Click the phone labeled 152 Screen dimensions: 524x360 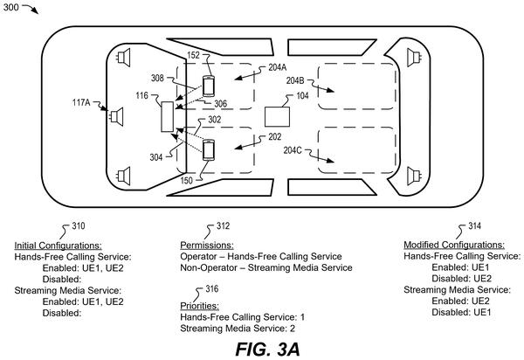coord(208,87)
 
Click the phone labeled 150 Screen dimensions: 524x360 coord(208,150)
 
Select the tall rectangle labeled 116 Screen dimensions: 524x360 coord(167,117)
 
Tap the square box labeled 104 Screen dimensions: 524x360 coord(277,117)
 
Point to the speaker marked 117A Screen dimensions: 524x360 coord(117,117)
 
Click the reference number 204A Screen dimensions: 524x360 coord(278,67)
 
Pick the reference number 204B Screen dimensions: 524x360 coord(295,80)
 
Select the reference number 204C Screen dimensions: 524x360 coord(293,150)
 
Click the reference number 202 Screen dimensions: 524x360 coord(275,136)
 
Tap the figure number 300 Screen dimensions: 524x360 coord(11,7)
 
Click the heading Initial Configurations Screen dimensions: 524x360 coord(58,246)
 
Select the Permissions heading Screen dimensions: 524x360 coord(207,246)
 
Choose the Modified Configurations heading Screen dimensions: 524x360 coord(454,245)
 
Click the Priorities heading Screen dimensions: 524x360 coord(199,306)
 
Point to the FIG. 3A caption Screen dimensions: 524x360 coord(267,350)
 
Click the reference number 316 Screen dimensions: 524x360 coord(212,289)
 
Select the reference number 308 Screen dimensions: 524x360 coord(157,78)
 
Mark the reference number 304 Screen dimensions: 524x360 coord(156,157)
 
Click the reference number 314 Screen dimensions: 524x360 coord(474,226)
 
